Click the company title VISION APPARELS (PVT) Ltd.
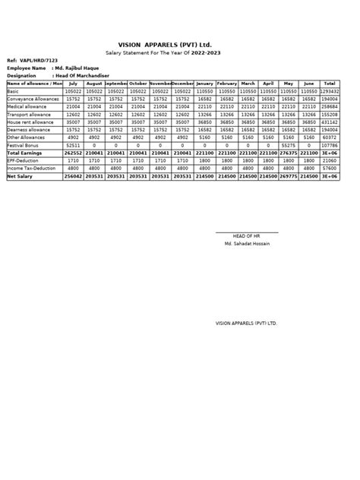(x=180, y=46)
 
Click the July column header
(x=74, y=84)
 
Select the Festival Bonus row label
(x=23, y=144)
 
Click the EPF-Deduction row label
(x=23, y=161)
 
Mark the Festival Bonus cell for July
(x=74, y=144)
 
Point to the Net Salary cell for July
(x=74, y=176)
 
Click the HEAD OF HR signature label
(x=246, y=235)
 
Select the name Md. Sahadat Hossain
(x=246, y=243)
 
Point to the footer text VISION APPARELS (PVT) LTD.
(x=246, y=323)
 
